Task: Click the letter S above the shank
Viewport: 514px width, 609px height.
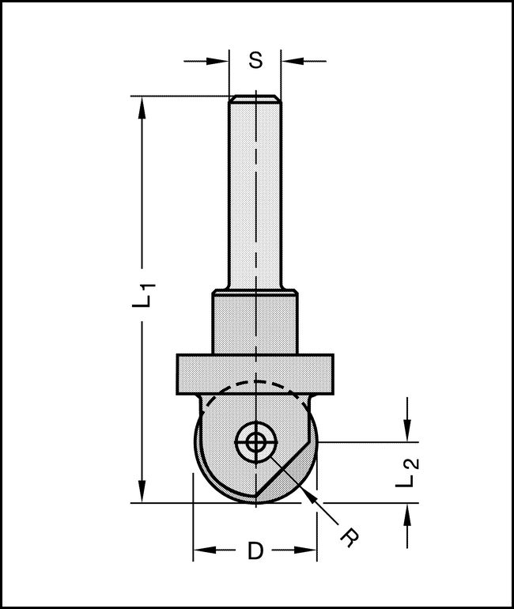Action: (255, 60)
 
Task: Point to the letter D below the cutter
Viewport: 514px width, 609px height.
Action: (255, 550)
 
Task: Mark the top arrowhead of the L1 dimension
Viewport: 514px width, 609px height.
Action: (142, 108)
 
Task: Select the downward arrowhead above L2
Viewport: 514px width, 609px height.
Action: (407, 430)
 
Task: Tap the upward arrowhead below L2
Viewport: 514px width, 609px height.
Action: (407, 515)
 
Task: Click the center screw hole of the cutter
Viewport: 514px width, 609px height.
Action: (255, 444)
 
